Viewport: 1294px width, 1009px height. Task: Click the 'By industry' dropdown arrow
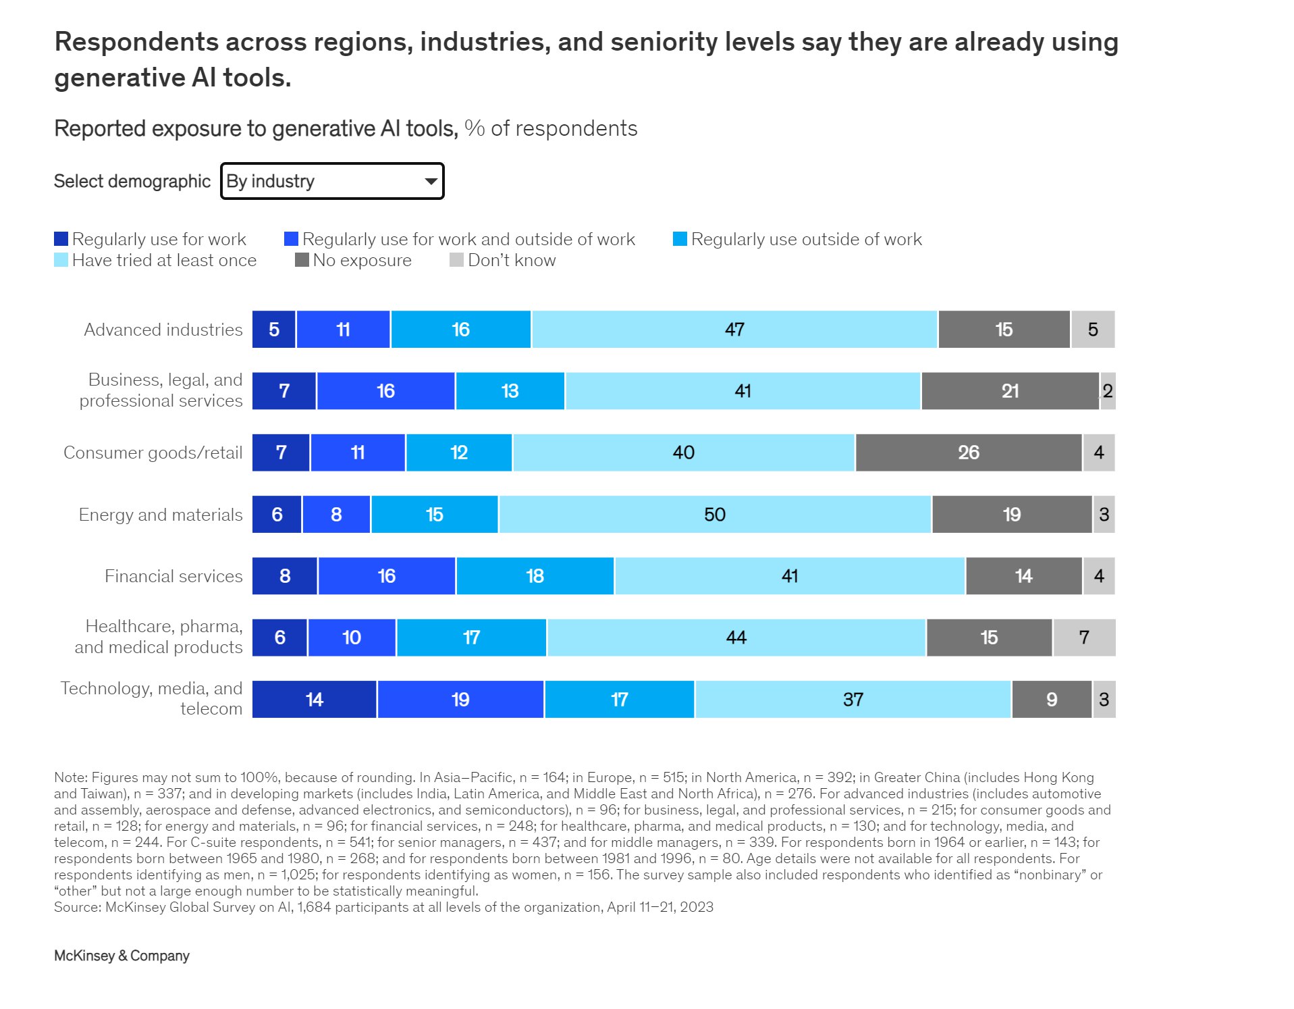coord(430,181)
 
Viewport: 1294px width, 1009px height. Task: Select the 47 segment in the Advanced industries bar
coord(734,330)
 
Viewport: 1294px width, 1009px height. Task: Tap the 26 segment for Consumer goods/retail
coord(968,452)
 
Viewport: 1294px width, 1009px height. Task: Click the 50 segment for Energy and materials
coord(714,515)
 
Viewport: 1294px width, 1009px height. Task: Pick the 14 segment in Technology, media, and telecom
coord(314,700)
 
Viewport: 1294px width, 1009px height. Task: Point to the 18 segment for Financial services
coord(535,576)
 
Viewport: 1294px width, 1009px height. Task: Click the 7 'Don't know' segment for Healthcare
coord(1084,638)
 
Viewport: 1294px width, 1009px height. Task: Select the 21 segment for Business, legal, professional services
coord(1010,391)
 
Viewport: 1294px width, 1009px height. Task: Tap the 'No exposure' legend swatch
coord(302,260)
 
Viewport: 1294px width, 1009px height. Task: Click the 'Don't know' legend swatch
coord(456,260)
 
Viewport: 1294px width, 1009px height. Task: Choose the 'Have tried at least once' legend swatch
coord(61,260)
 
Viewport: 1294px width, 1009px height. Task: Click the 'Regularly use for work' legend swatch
coord(61,239)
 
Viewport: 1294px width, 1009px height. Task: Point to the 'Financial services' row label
coord(173,576)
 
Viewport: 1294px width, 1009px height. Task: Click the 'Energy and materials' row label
coord(161,515)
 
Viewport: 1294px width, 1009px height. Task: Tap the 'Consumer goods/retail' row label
coord(153,452)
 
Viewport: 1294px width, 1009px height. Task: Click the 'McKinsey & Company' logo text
coord(122,956)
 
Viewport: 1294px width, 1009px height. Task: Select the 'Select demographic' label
coord(132,181)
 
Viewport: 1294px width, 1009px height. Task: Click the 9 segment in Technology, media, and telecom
coord(1051,700)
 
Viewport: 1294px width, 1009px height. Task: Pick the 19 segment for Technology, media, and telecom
coord(460,700)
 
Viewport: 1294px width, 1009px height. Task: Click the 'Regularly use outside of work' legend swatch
coord(680,239)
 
